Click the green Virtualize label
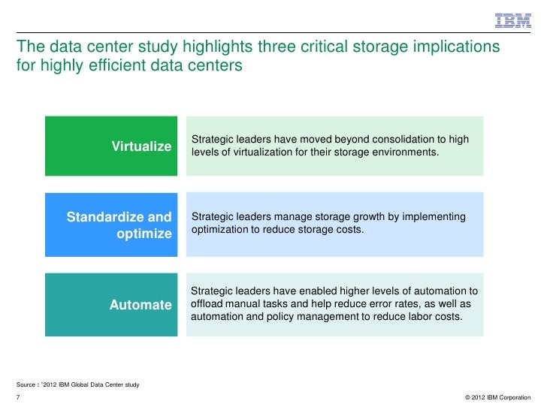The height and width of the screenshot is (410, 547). click(142, 146)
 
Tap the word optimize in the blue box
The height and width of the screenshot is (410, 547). click(144, 234)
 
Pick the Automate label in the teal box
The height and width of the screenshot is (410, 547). click(141, 305)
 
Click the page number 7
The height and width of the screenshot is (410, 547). click(17, 396)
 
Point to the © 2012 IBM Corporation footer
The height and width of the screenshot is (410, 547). click(498, 396)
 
